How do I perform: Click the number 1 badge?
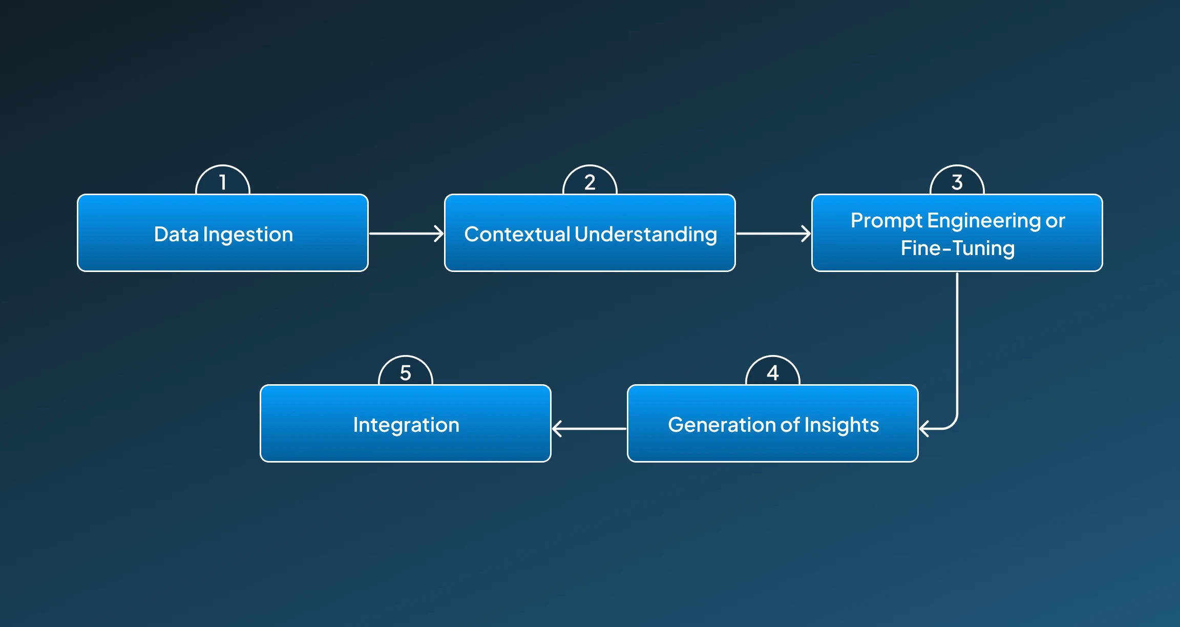point(223,181)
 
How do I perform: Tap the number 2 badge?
point(590,181)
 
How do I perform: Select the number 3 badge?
point(957,181)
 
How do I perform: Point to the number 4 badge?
point(773,372)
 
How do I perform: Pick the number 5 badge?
point(406,372)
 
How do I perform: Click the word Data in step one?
point(176,234)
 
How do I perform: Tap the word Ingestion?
point(248,235)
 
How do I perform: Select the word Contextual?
point(517,234)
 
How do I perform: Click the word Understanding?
point(646,235)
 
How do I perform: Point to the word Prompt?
point(887,221)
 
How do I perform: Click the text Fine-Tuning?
point(957,248)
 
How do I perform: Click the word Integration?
point(406,425)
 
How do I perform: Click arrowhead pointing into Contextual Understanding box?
point(439,234)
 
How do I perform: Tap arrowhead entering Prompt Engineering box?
point(807,234)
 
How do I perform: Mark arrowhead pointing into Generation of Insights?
point(924,428)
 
